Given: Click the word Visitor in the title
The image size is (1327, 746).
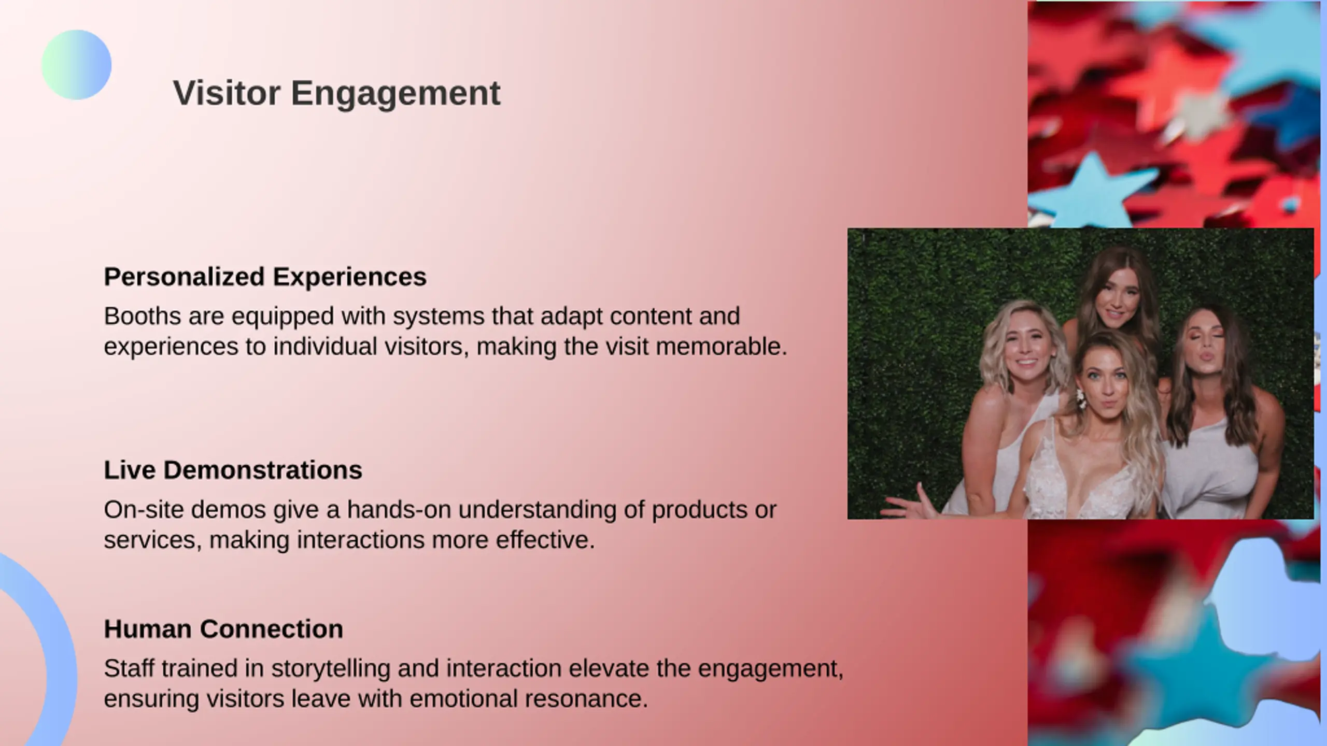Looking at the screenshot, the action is (227, 93).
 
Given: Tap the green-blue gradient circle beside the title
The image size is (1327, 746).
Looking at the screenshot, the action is (76, 65).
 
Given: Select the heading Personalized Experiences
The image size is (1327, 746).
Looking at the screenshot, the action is (265, 277).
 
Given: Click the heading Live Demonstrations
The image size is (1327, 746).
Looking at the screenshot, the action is (233, 470).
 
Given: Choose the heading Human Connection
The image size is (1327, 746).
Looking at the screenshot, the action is (223, 629).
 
